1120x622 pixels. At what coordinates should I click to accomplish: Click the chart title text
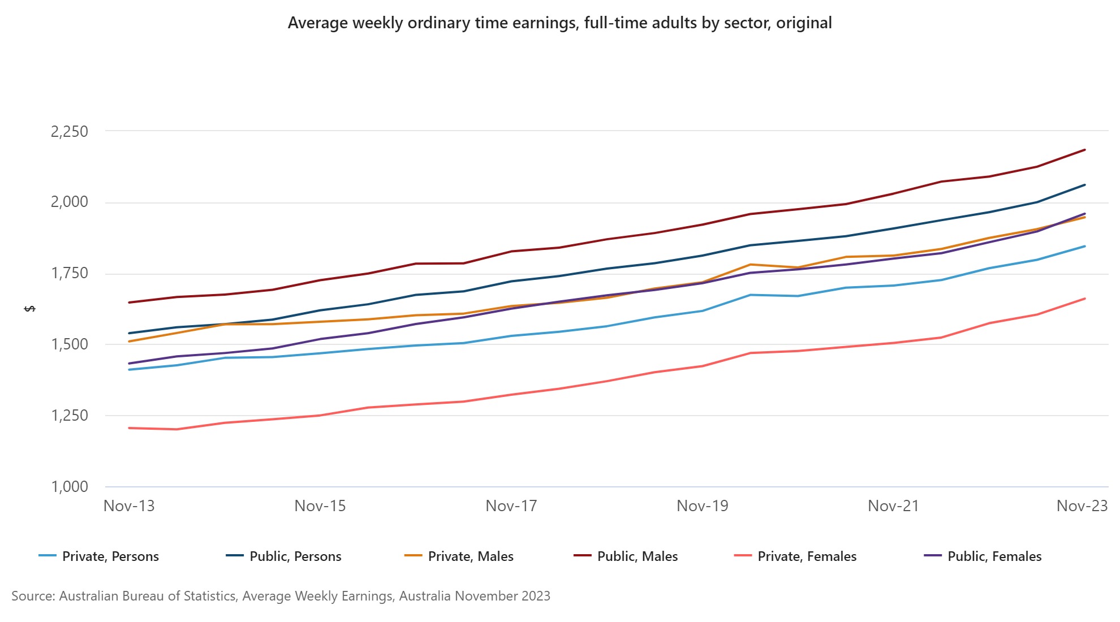click(x=559, y=23)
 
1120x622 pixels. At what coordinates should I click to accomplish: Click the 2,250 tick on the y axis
click(x=70, y=131)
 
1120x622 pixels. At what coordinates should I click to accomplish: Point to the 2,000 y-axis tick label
click(x=70, y=202)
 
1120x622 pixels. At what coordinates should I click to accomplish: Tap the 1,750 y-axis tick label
click(x=70, y=273)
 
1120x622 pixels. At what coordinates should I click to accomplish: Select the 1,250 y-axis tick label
click(x=70, y=415)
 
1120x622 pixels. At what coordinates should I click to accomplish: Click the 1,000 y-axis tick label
click(x=70, y=486)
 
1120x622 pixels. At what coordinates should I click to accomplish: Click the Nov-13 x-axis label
click(x=129, y=506)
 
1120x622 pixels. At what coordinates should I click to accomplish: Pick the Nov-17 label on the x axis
click(x=511, y=506)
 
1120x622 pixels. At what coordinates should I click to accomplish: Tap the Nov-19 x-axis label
click(x=703, y=506)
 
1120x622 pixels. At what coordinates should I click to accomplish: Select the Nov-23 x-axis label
click(x=1082, y=506)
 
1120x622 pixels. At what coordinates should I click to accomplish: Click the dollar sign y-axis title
click(x=31, y=309)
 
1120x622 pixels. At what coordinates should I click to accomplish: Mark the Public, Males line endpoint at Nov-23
click(x=1084, y=150)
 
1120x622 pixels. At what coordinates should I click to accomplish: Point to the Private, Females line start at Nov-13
click(x=130, y=428)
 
